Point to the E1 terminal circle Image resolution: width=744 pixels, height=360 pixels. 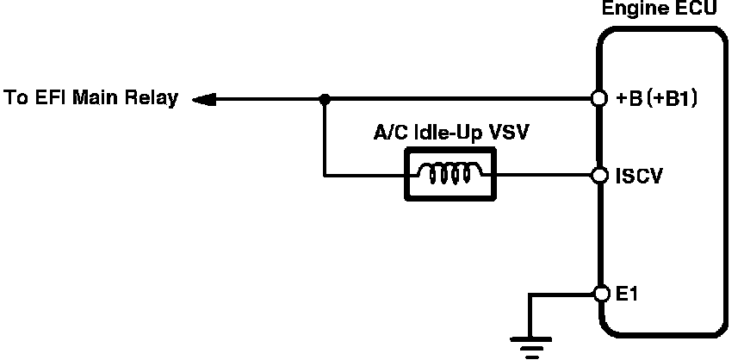(599, 295)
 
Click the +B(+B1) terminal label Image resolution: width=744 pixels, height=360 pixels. (657, 99)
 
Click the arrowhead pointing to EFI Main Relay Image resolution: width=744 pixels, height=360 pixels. (203, 99)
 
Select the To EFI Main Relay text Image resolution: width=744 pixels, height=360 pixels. (91, 97)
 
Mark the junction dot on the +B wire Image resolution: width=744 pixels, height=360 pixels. (325, 99)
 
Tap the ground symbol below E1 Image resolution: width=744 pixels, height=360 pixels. (531, 344)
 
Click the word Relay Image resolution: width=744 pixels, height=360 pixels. (153, 97)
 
